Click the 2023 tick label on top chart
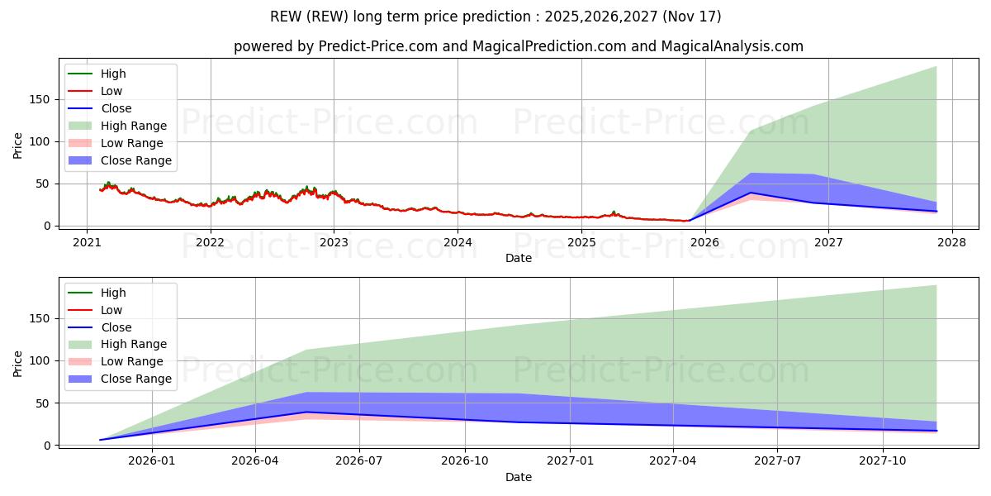click(334, 242)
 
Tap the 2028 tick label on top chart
click(951, 242)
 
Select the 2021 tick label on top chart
click(87, 242)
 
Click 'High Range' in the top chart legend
click(134, 126)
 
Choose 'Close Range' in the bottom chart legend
click(136, 379)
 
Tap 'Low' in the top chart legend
click(111, 91)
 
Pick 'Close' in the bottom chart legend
click(116, 327)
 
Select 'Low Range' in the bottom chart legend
click(132, 361)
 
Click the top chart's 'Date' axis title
click(519, 258)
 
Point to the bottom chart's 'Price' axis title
click(18, 363)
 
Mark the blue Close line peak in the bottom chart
click(306, 412)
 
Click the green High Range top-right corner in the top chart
click(936, 67)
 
